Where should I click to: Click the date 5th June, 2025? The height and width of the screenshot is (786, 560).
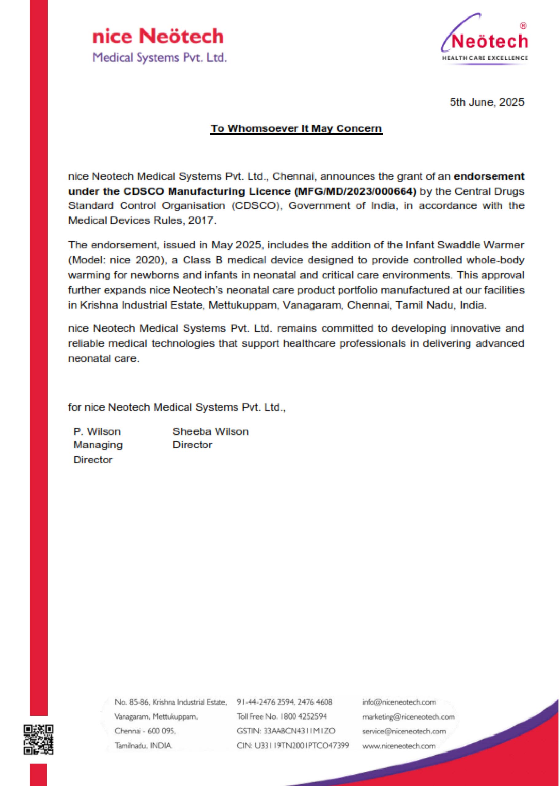487,102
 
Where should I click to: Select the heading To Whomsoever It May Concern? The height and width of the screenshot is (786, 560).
296,128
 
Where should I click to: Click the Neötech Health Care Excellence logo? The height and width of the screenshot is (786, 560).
484,40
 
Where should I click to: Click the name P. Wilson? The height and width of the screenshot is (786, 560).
97,432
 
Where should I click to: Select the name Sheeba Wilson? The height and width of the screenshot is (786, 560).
210,432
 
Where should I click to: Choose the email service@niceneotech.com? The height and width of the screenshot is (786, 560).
404,731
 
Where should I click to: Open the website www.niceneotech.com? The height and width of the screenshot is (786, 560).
399,746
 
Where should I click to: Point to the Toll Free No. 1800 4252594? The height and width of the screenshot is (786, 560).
282,716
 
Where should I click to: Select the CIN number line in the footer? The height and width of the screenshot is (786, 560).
293,746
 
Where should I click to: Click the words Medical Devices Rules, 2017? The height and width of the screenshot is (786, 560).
142,221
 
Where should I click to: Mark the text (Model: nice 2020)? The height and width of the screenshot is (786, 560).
116,260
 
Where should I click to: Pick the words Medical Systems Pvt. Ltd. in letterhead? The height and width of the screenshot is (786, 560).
160,57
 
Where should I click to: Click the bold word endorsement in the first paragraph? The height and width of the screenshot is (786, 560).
489,176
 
